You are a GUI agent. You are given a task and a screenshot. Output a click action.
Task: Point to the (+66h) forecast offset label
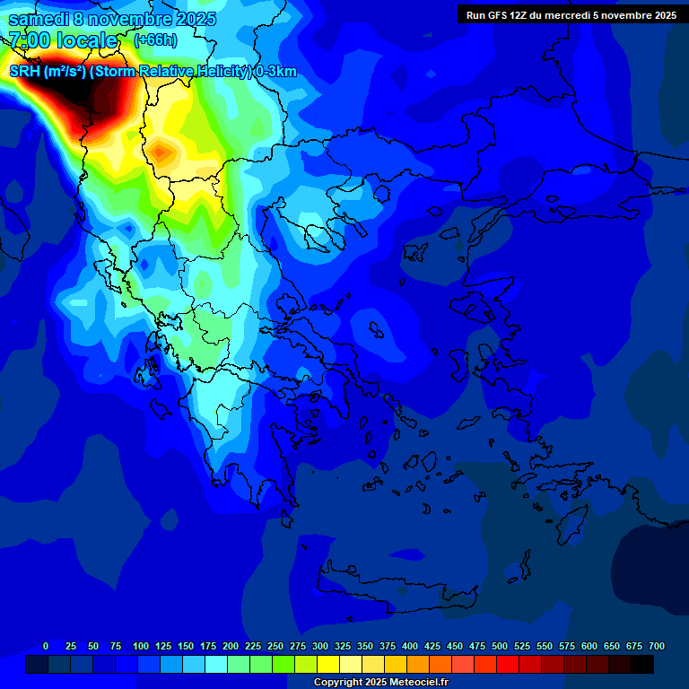[x=155, y=40]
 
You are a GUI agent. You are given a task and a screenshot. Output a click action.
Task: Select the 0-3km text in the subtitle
[x=275, y=72]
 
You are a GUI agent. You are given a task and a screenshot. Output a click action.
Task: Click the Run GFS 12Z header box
[x=571, y=15]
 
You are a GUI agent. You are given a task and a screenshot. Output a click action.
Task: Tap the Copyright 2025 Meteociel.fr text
[x=381, y=683]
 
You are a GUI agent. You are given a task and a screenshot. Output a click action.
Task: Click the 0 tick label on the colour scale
[x=46, y=646]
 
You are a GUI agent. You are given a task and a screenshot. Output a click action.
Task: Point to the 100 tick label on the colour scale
[x=141, y=646]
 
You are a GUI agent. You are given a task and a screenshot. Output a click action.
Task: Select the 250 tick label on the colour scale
[x=275, y=646]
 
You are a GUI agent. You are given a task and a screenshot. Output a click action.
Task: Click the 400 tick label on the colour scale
[x=410, y=646]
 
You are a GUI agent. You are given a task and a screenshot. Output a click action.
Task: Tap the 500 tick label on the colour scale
[x=500, y=646]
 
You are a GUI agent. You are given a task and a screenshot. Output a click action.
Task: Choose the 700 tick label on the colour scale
[x=657, y=646]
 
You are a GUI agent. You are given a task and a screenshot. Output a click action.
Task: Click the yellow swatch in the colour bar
[x=328, y=665]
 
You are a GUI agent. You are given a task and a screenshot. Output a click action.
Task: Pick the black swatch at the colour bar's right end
[x=642, y=665]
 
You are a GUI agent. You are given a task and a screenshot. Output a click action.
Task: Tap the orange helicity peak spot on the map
[x=161, y=153]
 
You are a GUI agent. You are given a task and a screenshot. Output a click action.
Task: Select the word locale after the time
[x=87, y=40]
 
